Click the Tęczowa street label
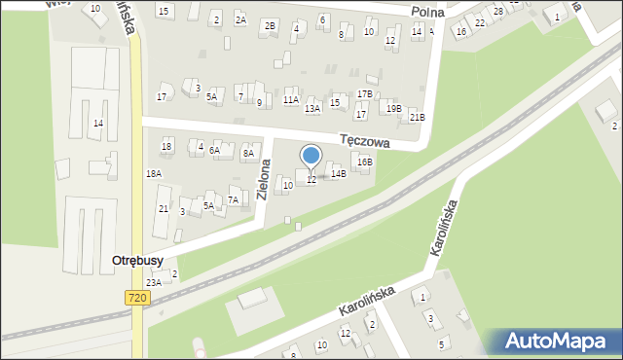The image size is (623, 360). (365, 141)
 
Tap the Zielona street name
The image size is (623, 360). (265, 180)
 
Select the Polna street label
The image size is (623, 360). (427, 12)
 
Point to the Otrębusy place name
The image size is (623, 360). (137, 261)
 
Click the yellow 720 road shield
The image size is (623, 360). (137, 298)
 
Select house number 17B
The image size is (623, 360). (364, 93)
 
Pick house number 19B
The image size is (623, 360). (393, 108)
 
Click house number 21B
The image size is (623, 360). (417, 118)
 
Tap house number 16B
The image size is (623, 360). (364, 162)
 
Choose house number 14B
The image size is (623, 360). (338, 173)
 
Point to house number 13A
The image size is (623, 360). (312, 109)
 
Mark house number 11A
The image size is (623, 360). (290, 99)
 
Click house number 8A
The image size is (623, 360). (248, 153)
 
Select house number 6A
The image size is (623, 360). (214, 150)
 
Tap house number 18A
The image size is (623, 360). (154, 173)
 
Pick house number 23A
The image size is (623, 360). (153, 282)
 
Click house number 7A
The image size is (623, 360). (233, 199)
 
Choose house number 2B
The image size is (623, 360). (271, 24)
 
